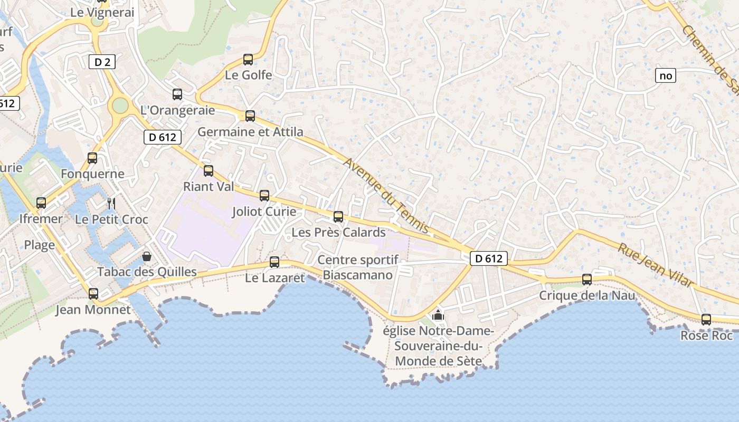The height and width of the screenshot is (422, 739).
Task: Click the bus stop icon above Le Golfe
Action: (248, 59)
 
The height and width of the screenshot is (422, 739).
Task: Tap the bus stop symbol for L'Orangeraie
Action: (177, 94)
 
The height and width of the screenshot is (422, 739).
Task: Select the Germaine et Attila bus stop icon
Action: (250, 116)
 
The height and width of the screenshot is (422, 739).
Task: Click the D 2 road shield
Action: (102, 62)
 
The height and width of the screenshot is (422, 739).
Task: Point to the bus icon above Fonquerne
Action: (92, 158)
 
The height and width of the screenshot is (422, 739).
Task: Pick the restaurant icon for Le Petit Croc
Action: (111, 203)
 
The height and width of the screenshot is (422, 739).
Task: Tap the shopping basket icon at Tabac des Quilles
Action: (147, 256)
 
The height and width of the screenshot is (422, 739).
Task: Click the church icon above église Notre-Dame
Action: (438, 315)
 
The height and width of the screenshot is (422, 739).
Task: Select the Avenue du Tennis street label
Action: (386, 196)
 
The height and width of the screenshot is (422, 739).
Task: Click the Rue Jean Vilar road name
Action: (655, 265)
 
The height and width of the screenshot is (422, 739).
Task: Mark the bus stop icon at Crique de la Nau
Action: (587, 279)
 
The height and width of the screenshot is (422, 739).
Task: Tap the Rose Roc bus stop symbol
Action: (706, 319)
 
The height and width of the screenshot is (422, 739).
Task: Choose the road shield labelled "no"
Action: (666, 75)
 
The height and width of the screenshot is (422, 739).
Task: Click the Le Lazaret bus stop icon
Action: (274, 262)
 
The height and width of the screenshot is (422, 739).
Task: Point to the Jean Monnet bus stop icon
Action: (93, 294)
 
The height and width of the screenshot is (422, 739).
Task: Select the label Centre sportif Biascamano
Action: (358, 267)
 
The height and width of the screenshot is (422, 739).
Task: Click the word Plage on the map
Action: (40, 245)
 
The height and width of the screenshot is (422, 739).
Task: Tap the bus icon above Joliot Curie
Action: (264, 196)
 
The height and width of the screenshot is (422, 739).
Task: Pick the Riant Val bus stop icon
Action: (209, 170)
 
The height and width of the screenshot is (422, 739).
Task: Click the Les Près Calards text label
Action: (339, 232)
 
